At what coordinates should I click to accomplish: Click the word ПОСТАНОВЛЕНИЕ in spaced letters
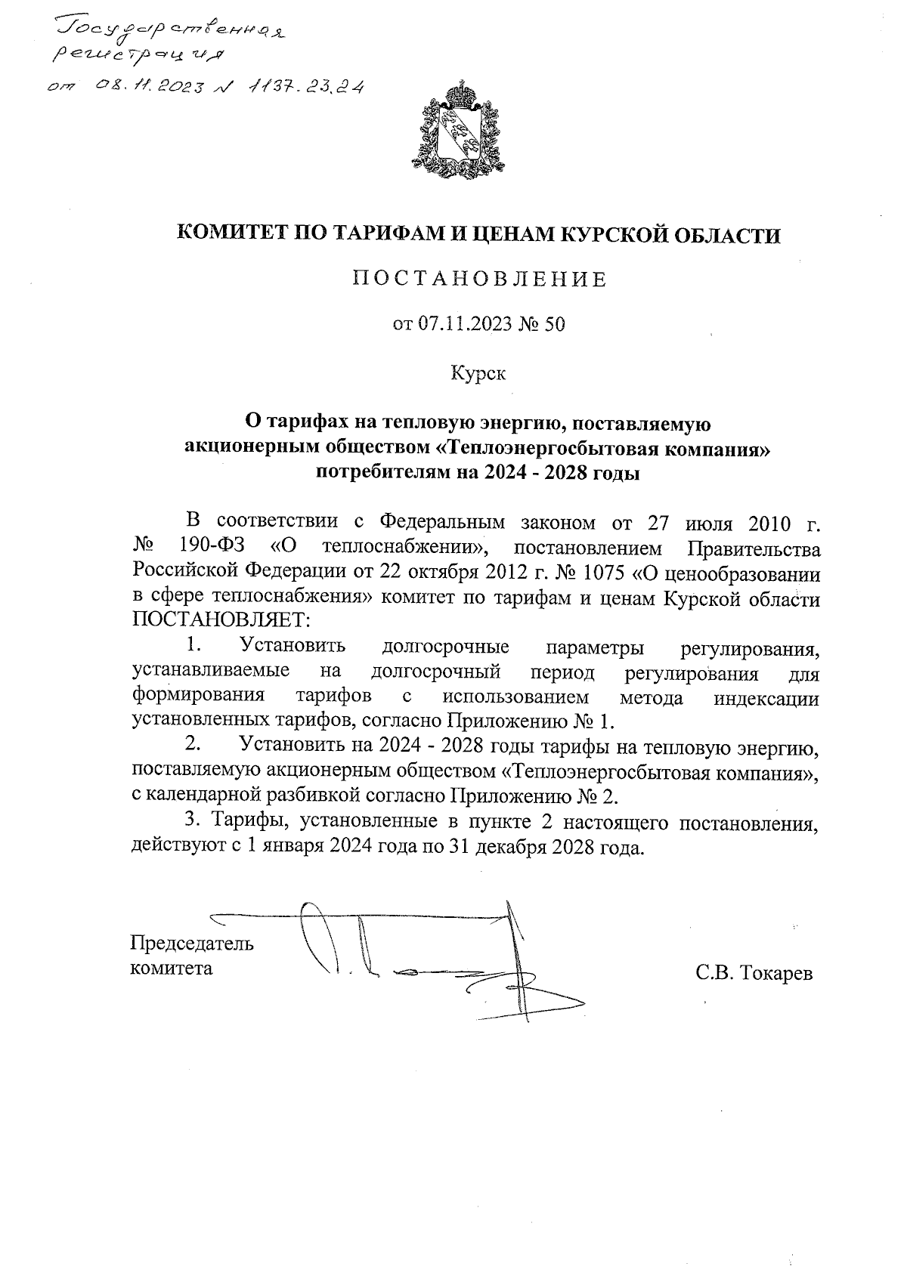tap(479, 280)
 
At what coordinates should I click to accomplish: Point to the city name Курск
tap(478, 372)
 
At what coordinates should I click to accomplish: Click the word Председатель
tap(193, 944)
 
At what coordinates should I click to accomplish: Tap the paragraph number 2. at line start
tap(193, 746)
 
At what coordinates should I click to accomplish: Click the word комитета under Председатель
tap(172, 968)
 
